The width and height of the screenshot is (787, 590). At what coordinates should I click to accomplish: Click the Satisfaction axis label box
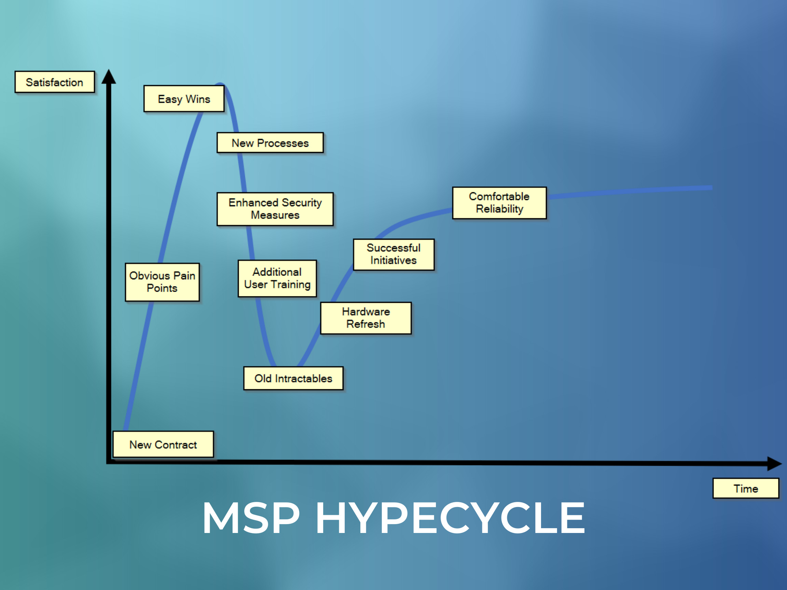point(54,82)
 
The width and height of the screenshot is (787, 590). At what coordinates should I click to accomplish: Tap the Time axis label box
point(746,488)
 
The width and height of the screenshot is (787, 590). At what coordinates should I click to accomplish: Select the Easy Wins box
point(184,99)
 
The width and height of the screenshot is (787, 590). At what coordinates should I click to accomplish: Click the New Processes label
point(270,143)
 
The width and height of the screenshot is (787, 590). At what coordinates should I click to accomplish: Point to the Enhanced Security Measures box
point(275,209)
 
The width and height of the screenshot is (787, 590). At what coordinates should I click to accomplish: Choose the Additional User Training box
point(277,278)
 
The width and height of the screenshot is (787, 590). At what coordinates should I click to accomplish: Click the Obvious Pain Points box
point(162,282)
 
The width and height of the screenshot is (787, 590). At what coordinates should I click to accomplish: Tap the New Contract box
point(163,444)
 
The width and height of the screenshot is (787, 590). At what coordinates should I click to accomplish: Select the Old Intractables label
point(293,378)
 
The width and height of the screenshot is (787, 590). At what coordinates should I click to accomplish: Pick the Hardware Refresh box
point(366,318)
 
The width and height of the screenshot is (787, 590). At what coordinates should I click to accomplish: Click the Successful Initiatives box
point(393,254)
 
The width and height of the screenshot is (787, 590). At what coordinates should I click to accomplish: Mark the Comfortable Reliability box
point(499,203)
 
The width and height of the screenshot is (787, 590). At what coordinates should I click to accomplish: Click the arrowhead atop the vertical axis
point(109,76)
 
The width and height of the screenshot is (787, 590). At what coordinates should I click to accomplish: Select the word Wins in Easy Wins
point(198,99)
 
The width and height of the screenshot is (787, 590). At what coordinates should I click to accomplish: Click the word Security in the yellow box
point(302,203)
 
